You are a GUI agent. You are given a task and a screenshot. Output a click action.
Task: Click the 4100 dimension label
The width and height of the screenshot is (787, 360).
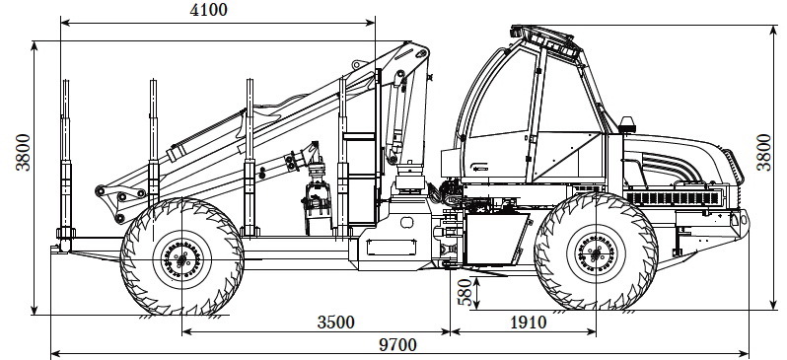click(x=208, y=10)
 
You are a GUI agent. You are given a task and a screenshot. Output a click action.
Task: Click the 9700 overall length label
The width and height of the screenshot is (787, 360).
click(x=397, y=345)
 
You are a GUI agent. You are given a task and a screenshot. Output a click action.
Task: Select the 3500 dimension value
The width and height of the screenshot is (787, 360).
click(x=335, y=322)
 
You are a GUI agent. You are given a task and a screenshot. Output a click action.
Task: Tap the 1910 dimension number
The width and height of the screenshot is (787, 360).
click(x=528, y=322)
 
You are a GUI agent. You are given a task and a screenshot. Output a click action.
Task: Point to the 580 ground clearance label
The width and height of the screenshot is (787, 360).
click(x=465, y=292)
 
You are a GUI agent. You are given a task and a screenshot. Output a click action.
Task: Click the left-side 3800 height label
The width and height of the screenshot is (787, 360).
click(x=23, y=152)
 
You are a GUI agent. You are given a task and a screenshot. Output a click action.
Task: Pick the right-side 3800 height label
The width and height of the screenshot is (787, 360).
click(x=763, y=152)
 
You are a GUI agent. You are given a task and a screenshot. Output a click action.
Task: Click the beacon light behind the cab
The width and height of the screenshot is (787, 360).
click(x=627, y=124)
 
